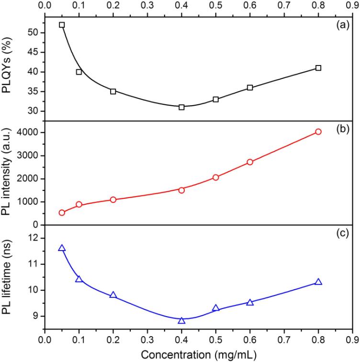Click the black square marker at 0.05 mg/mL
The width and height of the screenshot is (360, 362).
pos(62,25)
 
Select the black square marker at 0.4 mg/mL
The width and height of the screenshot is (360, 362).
pos(181,107)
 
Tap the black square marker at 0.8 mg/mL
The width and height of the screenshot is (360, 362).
pos(318,68)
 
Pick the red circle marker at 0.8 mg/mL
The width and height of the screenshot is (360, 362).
pos(318,132)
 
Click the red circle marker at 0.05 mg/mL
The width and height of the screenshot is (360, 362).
pos(62,213)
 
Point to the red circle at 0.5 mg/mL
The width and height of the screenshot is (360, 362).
pos(216,177)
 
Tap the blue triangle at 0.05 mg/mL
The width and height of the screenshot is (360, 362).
pos(62,248)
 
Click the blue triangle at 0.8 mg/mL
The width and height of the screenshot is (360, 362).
pos(318,282)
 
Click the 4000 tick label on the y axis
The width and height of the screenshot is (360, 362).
pos(31,132)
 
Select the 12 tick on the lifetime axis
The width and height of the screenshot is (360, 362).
pos(35,238)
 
